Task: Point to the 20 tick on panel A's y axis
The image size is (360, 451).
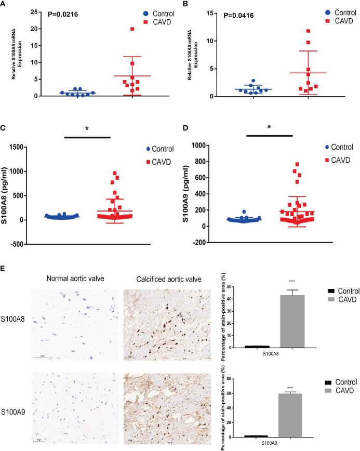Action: tap(33, 29)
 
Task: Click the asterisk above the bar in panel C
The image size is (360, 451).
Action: tap(88, 128)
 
